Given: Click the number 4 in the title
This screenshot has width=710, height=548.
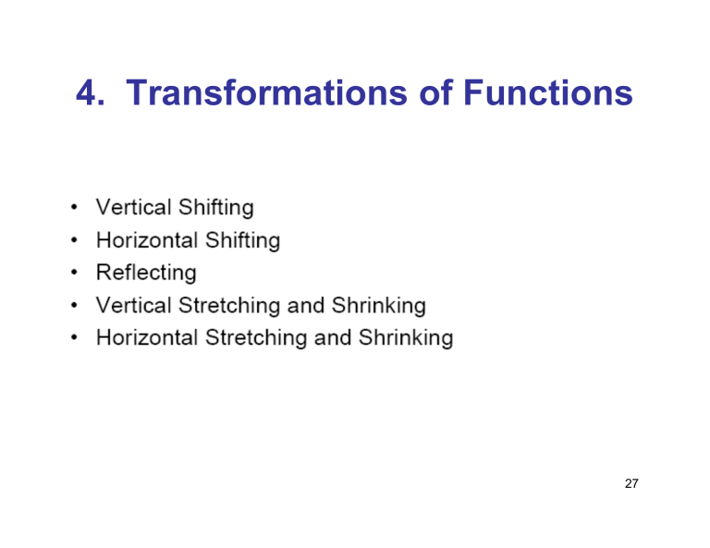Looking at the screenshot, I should pos(88,94).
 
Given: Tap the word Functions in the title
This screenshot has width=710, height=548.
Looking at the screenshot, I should pos(547,94).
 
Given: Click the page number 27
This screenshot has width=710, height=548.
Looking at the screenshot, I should pos(632,484).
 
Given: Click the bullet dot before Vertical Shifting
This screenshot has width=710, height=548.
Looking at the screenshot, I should pos(72,208).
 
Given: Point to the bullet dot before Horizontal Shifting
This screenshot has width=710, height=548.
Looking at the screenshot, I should pos(72,240).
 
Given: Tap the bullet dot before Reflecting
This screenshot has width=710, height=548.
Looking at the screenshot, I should pos(72,273).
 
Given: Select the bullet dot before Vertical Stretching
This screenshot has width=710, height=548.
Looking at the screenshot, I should pos(72,305).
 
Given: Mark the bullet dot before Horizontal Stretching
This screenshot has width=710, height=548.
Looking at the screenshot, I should pos(72,337).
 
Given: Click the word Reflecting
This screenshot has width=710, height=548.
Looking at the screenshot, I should pos(146,273).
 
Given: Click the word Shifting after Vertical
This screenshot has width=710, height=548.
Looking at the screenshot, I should pos(215,209).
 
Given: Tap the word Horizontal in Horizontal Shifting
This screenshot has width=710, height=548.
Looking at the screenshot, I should pos(146,240).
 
